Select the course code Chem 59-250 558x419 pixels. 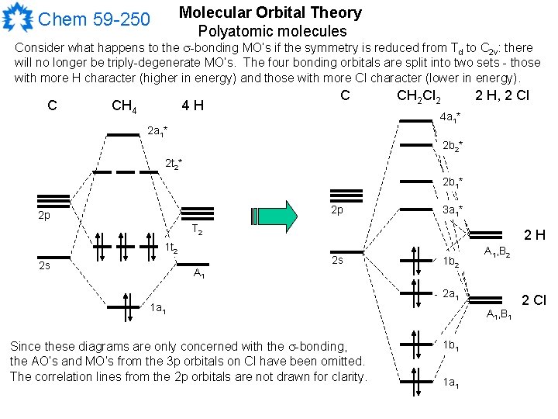(x=94, y=18)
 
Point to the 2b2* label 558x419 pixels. (x=453, y=146)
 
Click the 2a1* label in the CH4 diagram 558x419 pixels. (x=158, y=130)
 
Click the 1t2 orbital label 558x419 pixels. (x=171, y=248)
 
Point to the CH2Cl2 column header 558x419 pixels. (x=418, y=97)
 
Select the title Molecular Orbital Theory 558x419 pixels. (x=270, y=12)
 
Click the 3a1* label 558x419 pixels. (x=453, y=211)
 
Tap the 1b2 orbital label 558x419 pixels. (x=451, y=262)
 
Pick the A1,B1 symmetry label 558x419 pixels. (x=498, y=314)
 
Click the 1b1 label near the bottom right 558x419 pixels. (x=451, y=344)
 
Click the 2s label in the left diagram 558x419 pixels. (x=45, y=266)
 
